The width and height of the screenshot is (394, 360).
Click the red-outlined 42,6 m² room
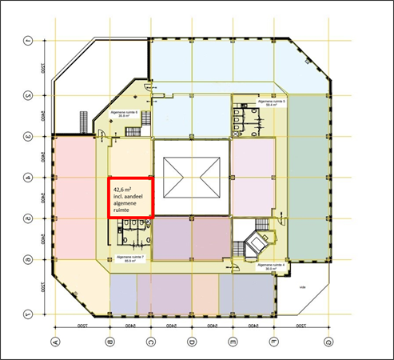coord(129,196)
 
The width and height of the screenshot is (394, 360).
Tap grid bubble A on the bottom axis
coord(54,342)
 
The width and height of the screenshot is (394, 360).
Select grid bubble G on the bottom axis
coord(328,342)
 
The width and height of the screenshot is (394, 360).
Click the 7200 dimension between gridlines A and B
coord(81,328)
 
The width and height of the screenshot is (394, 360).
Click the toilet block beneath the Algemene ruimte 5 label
coord(253,120)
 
